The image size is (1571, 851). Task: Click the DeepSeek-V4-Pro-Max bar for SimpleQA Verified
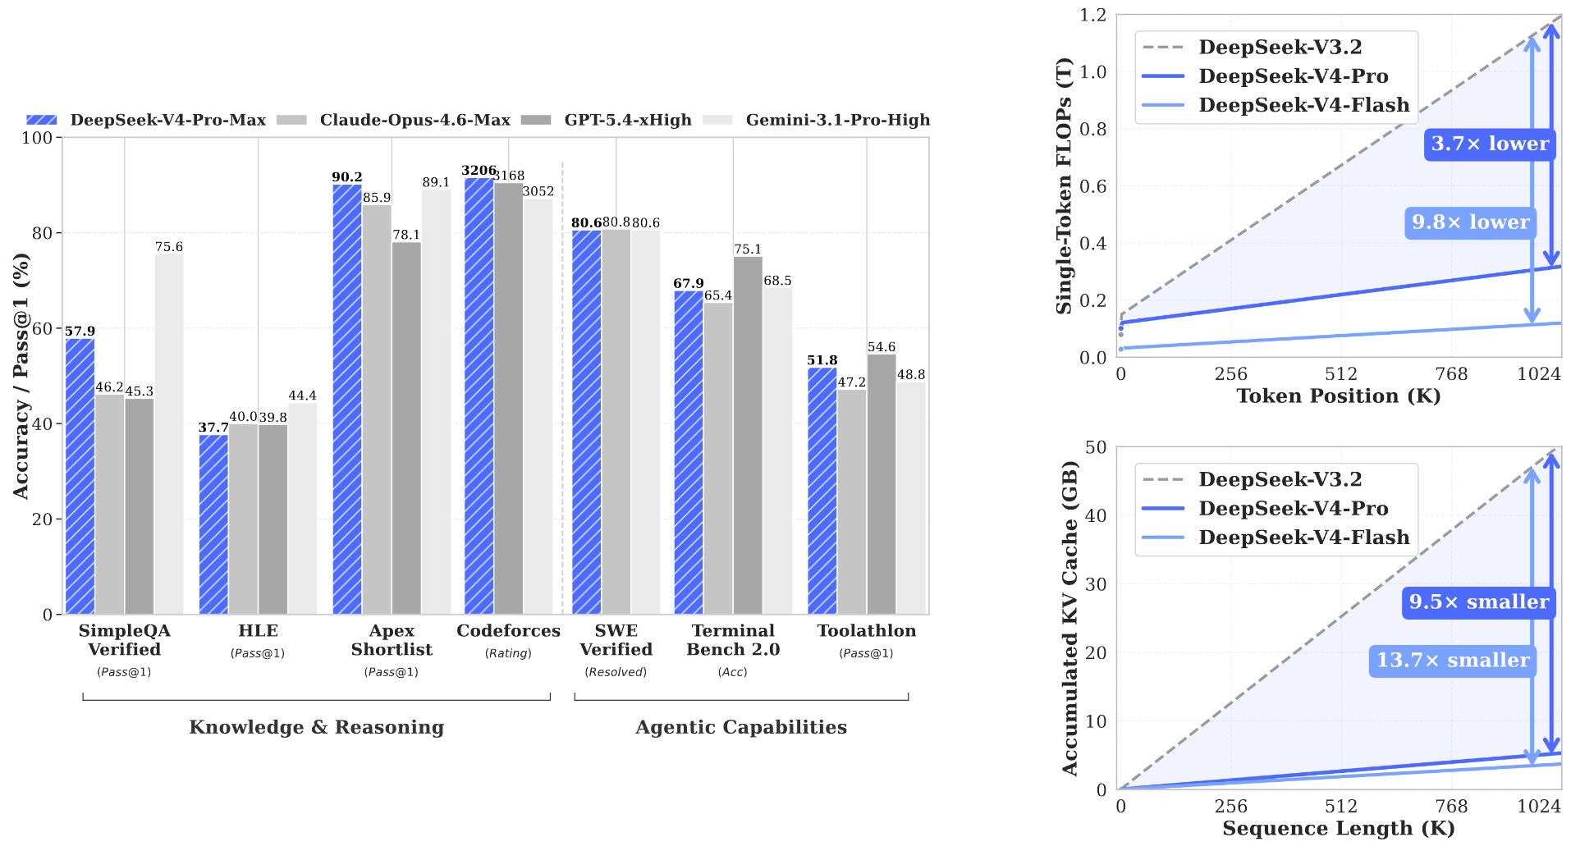pyautogui.click(x=80, y=476)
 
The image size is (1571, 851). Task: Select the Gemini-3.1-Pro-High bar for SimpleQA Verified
pyautogui.click(x=169, y=434)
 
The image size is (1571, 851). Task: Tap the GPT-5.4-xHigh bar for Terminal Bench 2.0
pyautogui.click(x=748, y=436)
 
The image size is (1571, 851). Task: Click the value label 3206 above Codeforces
pyautogui.click(x=479, y=171)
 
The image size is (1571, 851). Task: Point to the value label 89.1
pyautogui.click(x=436, y=182)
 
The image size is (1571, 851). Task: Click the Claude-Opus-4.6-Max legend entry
pyautogui.click(x=394, y=120)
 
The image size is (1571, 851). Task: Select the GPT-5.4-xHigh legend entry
pyautogui.click(x=607, y=120)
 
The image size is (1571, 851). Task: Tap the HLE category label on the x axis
pyautogui.click(x=258, y=630)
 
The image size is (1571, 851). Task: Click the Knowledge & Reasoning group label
pyautogui.click(x=317, y=727)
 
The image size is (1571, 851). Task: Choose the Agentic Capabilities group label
pyautogui.click(x=741, y=727)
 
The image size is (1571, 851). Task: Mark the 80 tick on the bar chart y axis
pyautogui.click(x=43, y=233)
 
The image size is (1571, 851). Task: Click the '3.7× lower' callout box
pyautogui.click(x=1490, y=144)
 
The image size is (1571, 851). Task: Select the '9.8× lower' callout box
pyautogui.click(x=1470, y=222)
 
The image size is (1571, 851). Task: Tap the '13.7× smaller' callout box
pyautogui.click(x=1453, y=661)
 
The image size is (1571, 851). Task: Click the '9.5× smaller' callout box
pyautogui.click(x=1479, y=602)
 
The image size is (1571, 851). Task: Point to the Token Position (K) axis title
pyautogui.click(x=1339, y=396)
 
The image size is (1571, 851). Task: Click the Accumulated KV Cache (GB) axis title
pyautogui.click(x=1069, y=618)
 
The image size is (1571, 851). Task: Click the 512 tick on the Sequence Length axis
pyautogui.click(x=1341, y=807)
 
